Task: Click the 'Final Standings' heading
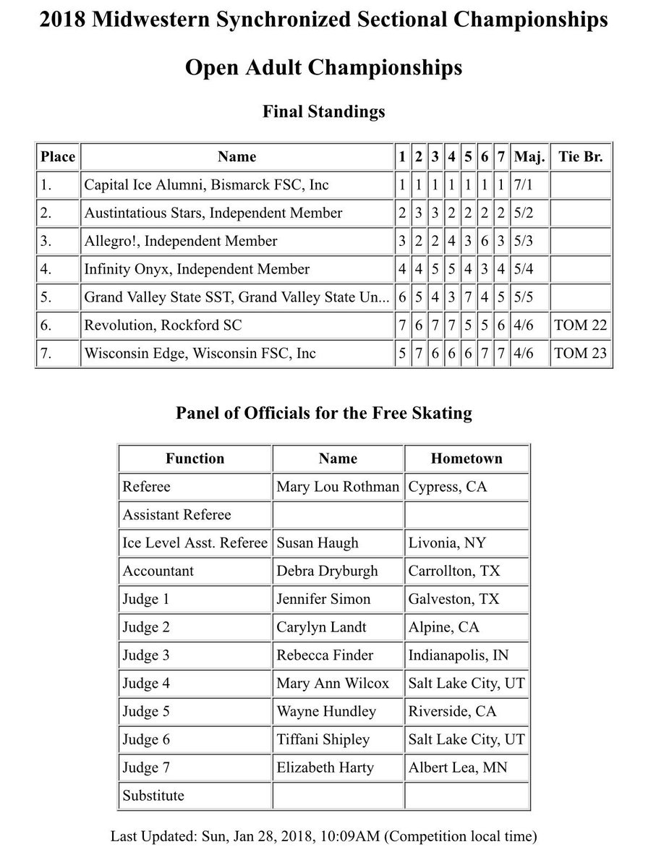tap(323, 111)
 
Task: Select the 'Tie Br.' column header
tap(580, 156)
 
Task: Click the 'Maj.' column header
tap(530, 156)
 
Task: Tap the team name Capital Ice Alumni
tap(206, 184)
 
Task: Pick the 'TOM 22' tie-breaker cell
tap(580, 325)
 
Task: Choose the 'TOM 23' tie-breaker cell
tap(580, 354)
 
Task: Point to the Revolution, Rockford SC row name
tap(163, 325)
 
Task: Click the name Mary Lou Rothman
tap(337, 487)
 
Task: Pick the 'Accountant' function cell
tap(158, 571)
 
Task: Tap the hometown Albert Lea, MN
tap(458, 767)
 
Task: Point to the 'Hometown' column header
tap(466, 459)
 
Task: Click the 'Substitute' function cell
tap(153, 796)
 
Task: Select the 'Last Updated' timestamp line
tap(323, 837)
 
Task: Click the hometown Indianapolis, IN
tap(459, 655)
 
